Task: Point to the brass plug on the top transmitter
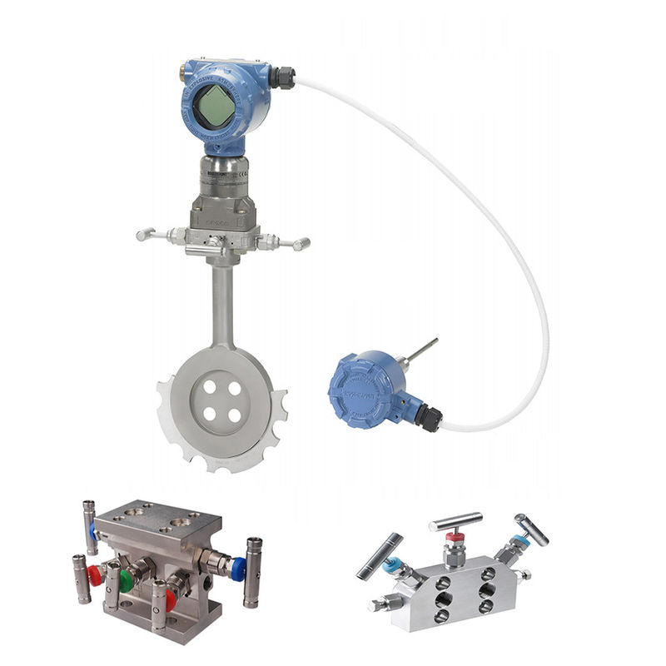coord(183,73)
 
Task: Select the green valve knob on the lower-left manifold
coord(126,580)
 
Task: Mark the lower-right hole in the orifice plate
coord(235,415)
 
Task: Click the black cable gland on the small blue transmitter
coord(428,415)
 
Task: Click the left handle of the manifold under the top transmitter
coord(151,236)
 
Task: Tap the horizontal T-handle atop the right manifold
coord(455,522)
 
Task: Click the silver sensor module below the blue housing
coord(220,179)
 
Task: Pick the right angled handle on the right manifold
coord(530,529)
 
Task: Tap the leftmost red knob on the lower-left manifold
coord(96,575)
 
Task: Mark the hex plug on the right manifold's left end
coord(376,604)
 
